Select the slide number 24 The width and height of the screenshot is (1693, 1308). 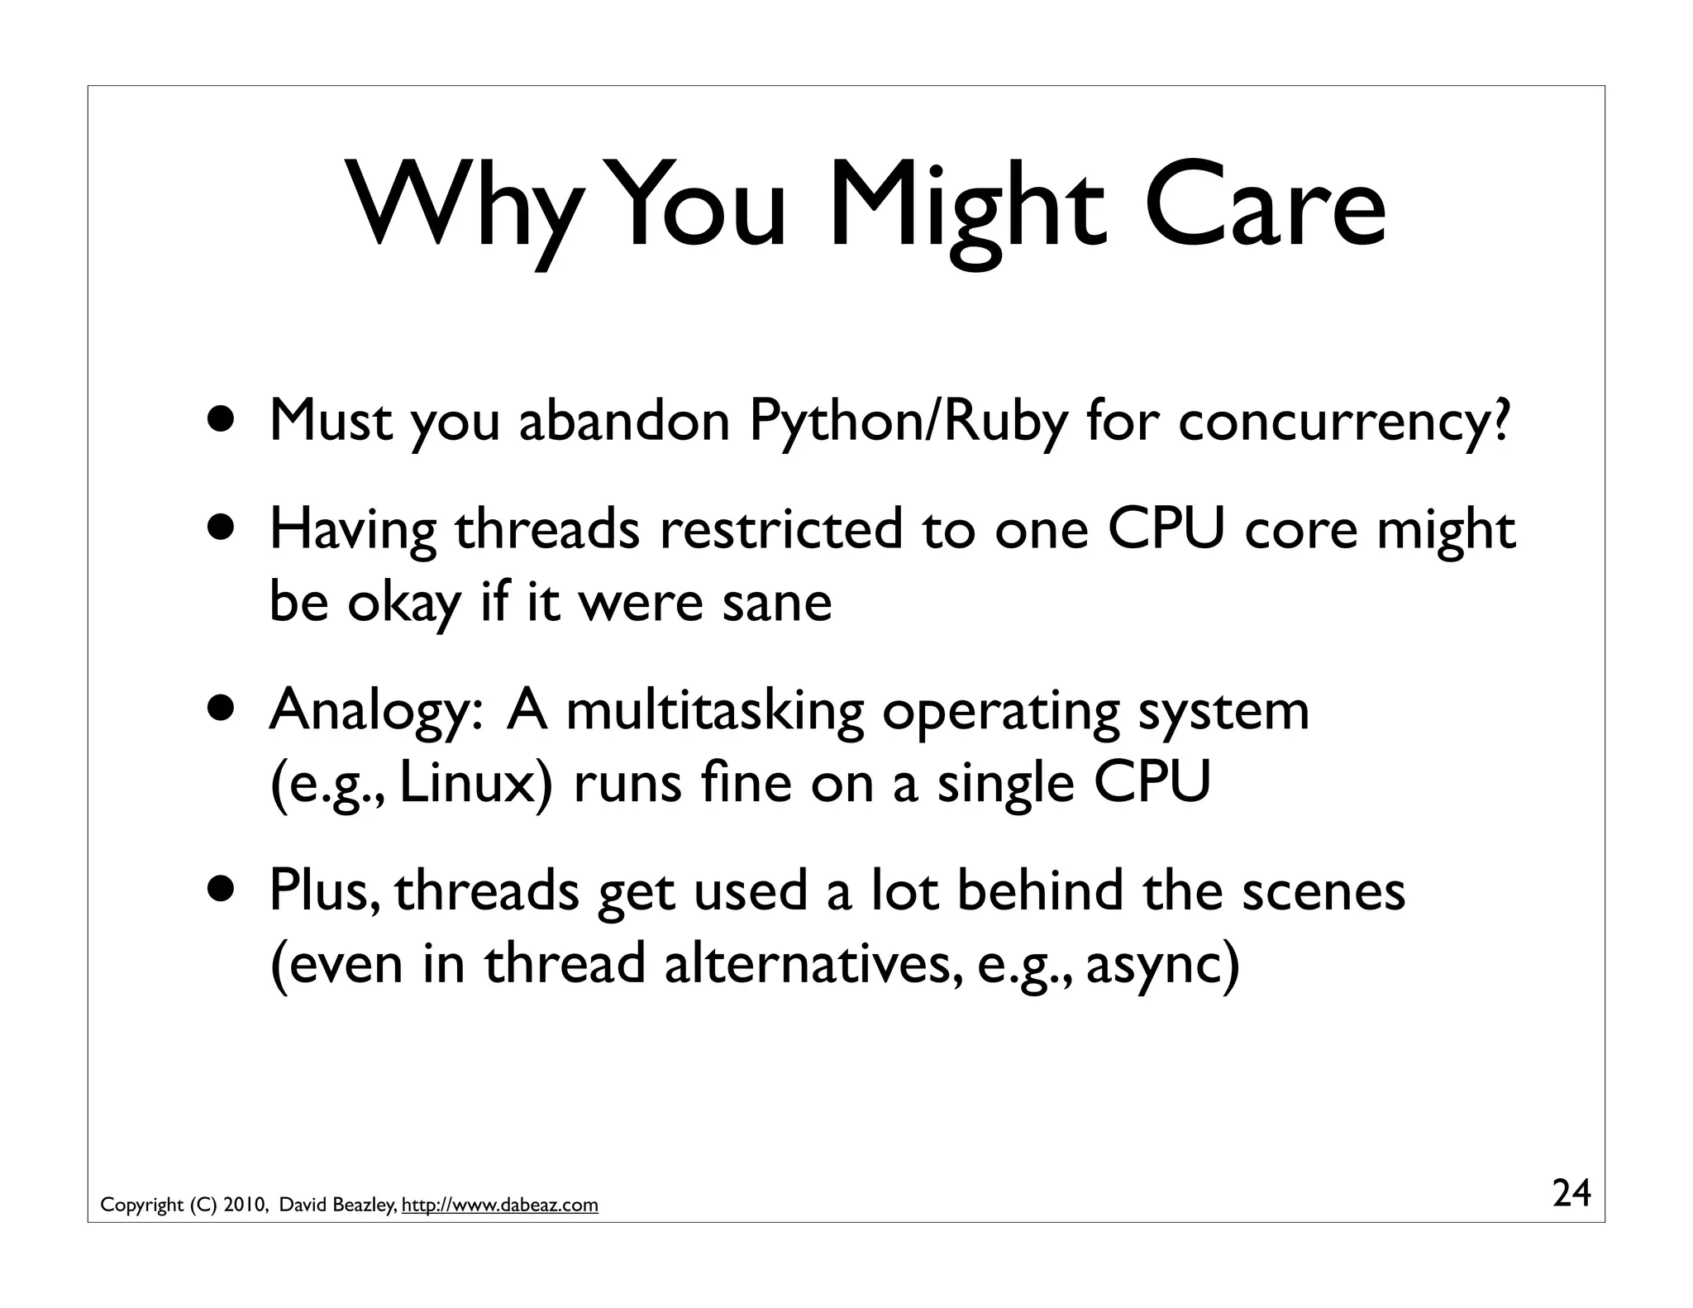[x=1571, y=1193]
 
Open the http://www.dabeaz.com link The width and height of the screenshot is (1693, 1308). [x=499, y=1205]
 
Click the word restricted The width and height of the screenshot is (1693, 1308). [x=780, y=529]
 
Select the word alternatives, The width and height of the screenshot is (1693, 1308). [x=813, y=964]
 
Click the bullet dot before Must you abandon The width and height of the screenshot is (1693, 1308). [x=225, y=420]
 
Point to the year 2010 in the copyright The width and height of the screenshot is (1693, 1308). [x=243, y=1205]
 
